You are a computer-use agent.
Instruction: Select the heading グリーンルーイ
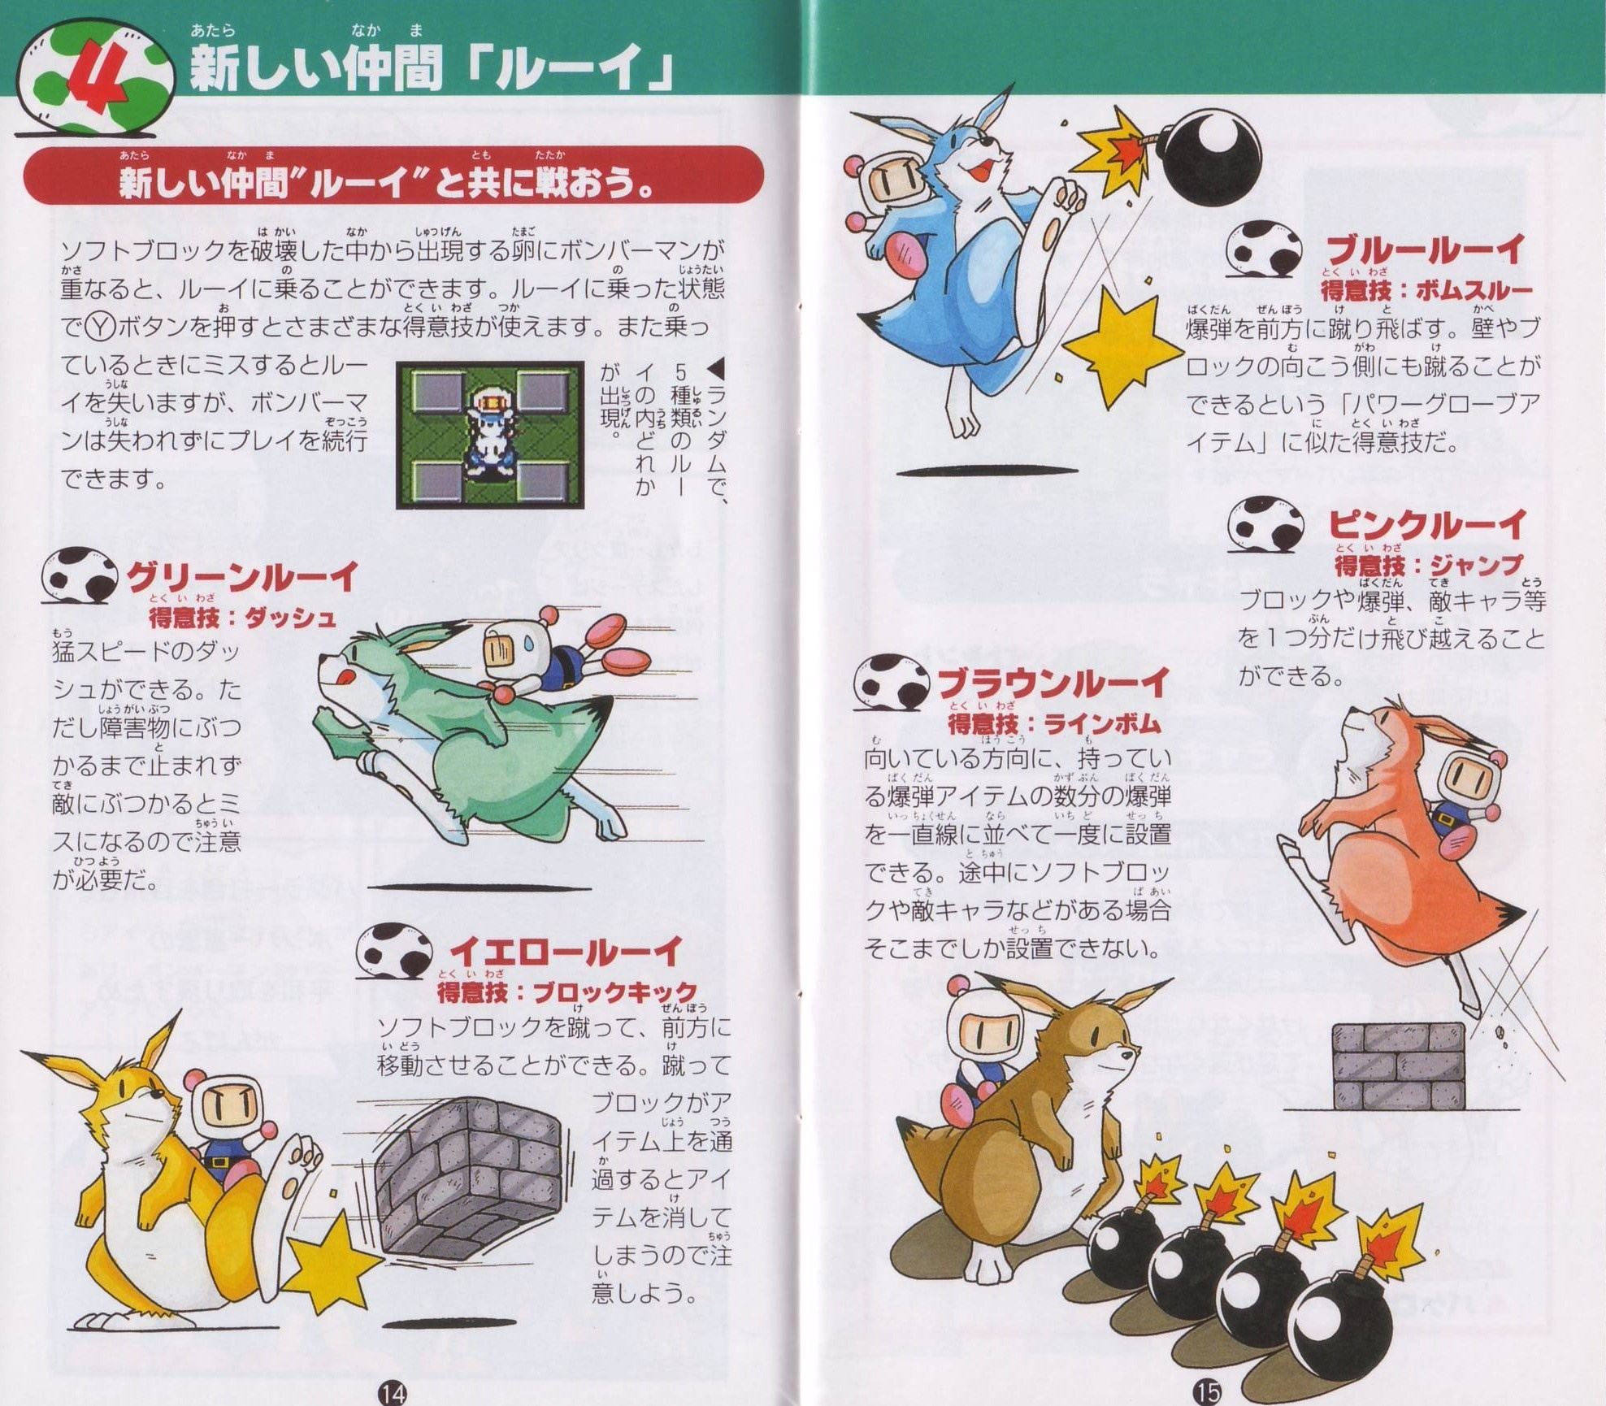242,578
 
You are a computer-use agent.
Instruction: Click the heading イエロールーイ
566,952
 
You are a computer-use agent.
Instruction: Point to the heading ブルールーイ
1425,251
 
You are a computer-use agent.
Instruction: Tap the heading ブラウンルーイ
1053,683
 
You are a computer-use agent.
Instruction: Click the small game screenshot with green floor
490,435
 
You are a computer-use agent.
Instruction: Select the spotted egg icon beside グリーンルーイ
81,578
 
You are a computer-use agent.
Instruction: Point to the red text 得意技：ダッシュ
242,619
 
